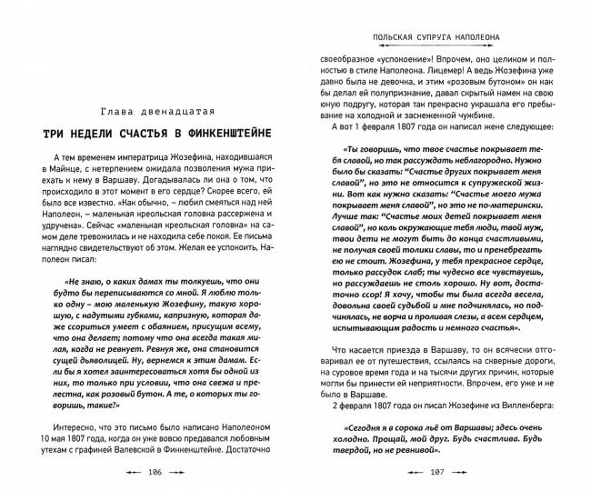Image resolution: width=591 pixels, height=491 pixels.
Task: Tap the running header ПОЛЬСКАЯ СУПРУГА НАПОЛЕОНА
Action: (435, 38)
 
